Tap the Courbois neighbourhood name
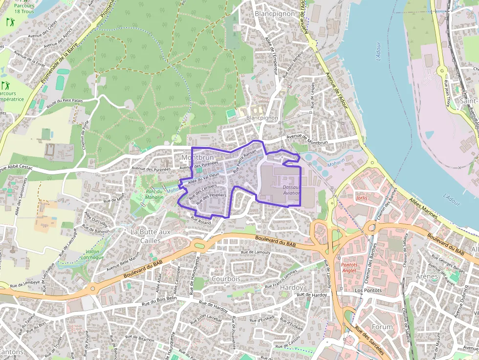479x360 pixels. pyautogui.click(x=226, y=278)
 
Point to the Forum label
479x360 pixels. pyautogui.click(x=382, y=326)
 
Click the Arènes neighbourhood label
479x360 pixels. pyautogui.click(x=427, y=276)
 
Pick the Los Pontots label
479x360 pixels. pyautogui.click(x=368, y=290)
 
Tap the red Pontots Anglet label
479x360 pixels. pyautogui.click(x=349, y=268)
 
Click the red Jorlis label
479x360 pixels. pyautogui.click(x=362, y=198)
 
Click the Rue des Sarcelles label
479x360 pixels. pyautogui.click(x=370, y=342)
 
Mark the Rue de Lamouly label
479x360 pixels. pyautogui.click(x=256, y=252)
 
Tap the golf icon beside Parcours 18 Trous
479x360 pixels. pyautogui.click(x=10, y=22)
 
